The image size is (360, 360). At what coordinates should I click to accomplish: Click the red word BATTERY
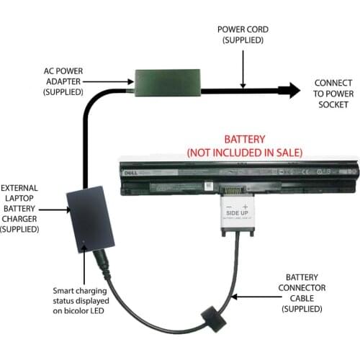(x=245, y=139)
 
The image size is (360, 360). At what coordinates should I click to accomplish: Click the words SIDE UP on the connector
(x=240, y=214)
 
